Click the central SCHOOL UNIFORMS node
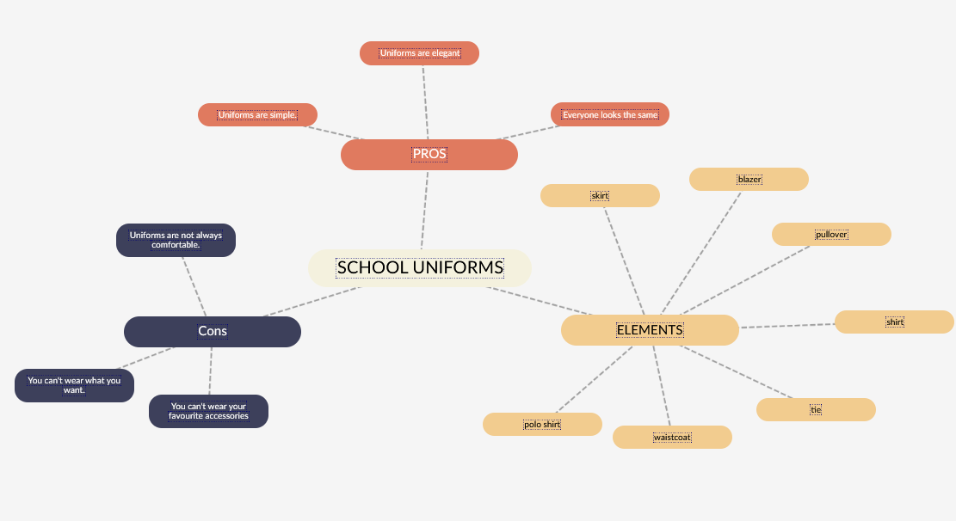tap(420, 267)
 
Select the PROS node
tap(429, 155)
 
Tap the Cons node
tap(213, 331)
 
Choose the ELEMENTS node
tap(650, 330)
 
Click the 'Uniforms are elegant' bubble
tap(419, 53)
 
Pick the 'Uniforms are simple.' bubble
tap(257, 115)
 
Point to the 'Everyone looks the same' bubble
tap(610, 114)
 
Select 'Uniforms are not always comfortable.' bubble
tap(176, 240)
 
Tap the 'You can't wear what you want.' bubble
tap(74, 385)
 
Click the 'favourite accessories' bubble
tap(208, 411)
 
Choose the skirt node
tap(600, 196)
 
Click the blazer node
tap(749, 179)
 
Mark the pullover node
tap(831, 234)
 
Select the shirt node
tap(894, 322)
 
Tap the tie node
tap(816, 409)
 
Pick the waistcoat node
tap(672, 437)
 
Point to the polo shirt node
tap(542, 424)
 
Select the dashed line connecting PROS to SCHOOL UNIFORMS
tap(424, 210)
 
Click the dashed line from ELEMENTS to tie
tap(740, 373)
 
